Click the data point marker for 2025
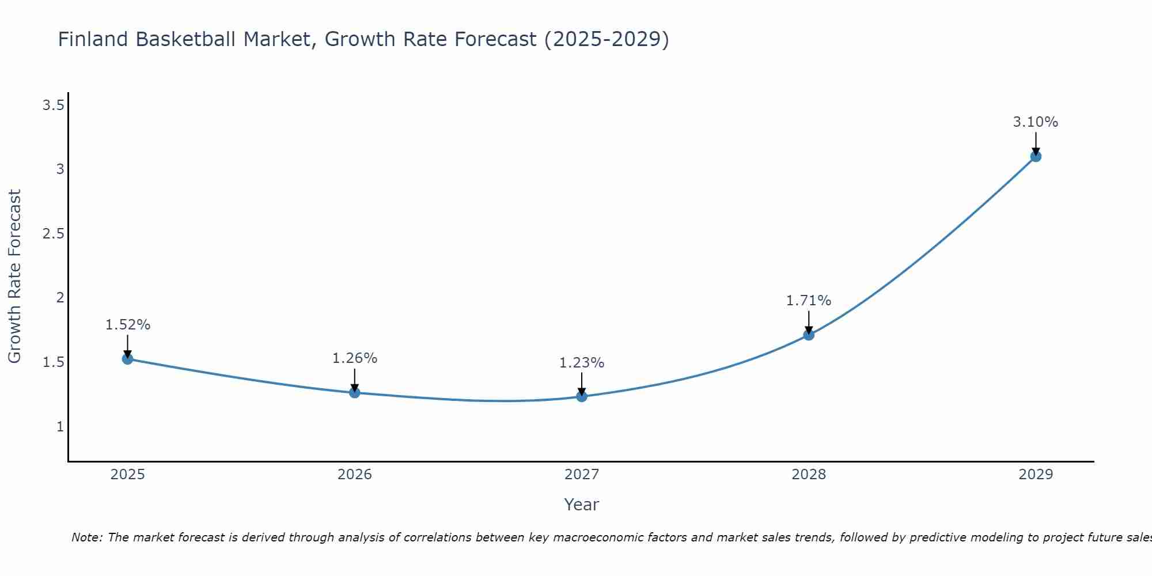pos(127,359)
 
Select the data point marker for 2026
pos(354,392)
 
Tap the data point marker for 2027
pos(581,396)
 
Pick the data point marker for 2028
pos(808,335)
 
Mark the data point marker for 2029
pos(1035,156)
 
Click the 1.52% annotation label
pos(127,325)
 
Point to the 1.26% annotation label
pos(354,358)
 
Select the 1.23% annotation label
pos(581,363)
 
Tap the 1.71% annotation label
pos(808,301)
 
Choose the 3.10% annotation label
pos(1035,122)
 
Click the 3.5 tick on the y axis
pos(53,105)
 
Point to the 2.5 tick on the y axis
pos(53,234)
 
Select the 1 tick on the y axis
pos(60,427)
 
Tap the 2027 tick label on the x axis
pos(581,475)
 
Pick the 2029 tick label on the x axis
pos(1035,475)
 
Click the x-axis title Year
pos(581,505)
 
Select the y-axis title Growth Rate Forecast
pos(14,276)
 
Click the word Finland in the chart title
pos(93,39)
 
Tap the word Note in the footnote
pos(86,537)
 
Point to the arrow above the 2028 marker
pos(808,321)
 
